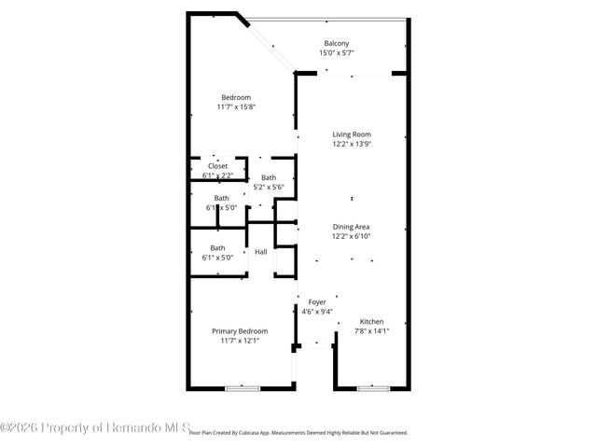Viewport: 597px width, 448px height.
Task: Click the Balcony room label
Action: [x=337, y=44]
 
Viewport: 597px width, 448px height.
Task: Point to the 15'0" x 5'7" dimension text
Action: [x=337, y=53]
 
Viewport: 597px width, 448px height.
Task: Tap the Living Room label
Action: [x=352, y=134]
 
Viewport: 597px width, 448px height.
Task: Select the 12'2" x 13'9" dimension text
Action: [x=352, y=145]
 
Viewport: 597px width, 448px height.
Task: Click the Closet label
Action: [x=217, y=166]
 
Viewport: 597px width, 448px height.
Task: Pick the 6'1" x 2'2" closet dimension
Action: [x=217, y=175]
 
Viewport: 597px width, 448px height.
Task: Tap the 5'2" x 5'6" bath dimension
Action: [x=269, y=188]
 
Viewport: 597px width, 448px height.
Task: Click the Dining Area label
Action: [x=352, y=227]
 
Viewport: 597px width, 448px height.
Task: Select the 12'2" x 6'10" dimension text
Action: [x=352, y=237]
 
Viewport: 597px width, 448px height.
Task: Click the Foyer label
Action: [x=317, y=302]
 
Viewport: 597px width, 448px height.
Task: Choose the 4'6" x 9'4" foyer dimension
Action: [x=317, y=312]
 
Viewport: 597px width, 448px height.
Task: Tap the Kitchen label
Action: [x=371, y=321]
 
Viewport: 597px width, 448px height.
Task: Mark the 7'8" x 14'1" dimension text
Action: [x=371, y=331]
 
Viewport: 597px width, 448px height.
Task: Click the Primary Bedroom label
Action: [x=240, y=331]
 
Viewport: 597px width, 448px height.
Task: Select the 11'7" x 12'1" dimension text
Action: [x=240, y=342]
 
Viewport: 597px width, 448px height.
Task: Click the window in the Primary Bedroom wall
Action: [x=241, y=387]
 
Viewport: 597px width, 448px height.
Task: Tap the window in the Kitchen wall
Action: [x=372, y=387]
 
